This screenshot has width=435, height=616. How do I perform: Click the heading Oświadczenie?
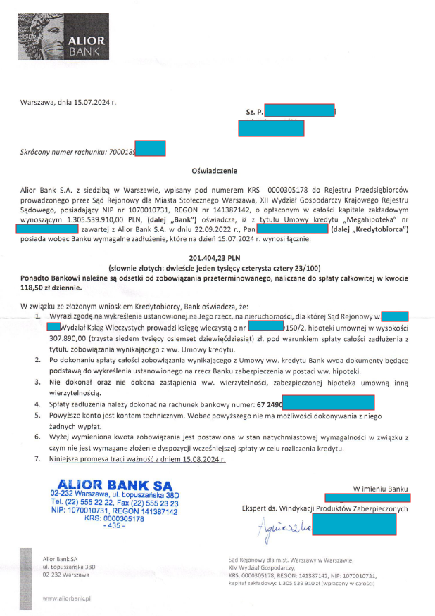pos(215,171)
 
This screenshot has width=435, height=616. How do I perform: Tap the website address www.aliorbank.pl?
pos(68,598)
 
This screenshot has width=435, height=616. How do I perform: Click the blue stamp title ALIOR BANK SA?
pos(113,484)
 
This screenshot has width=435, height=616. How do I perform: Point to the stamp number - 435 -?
pos(113,526)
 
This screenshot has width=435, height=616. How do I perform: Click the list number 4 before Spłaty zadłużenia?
pos(37,405)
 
